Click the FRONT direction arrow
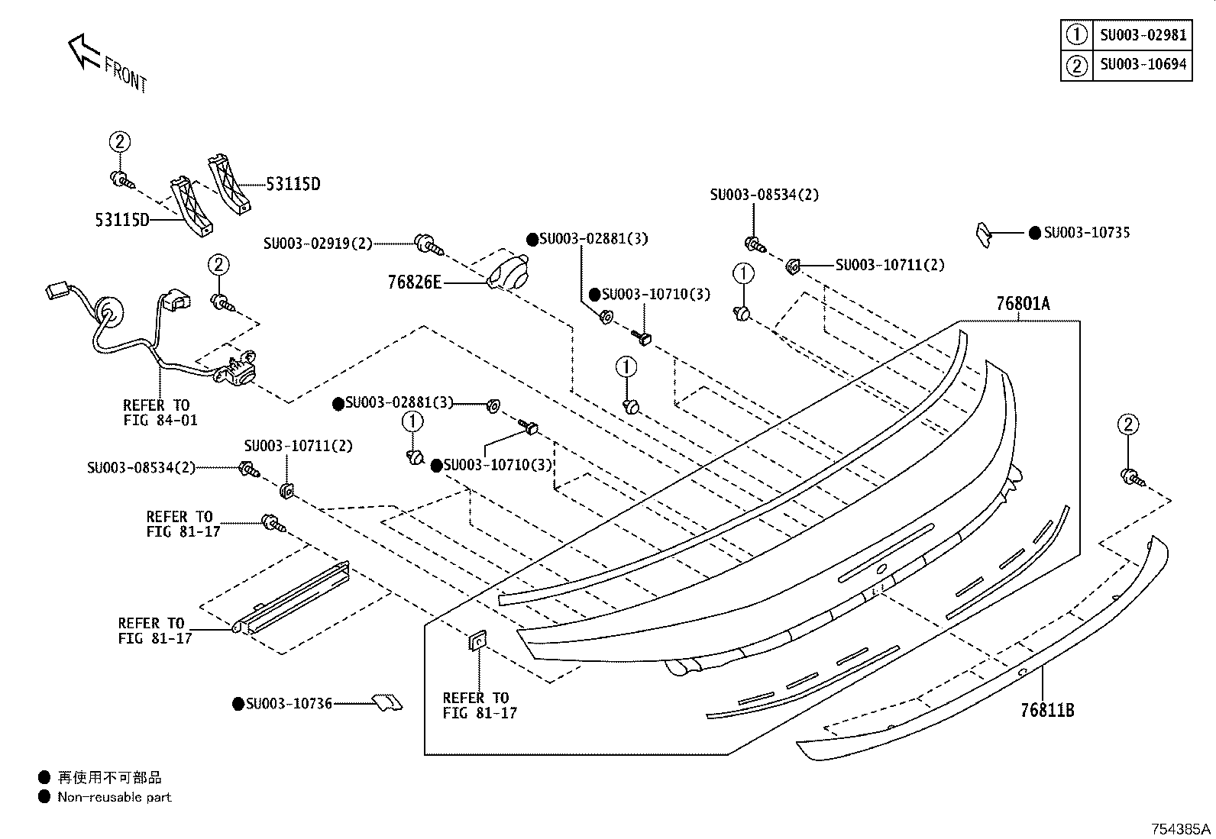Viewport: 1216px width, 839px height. coord(83,51)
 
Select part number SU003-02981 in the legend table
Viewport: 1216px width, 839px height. coord(1143,35)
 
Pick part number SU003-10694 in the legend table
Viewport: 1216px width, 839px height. coord(1143,65)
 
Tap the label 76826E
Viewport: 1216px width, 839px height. coord(414,282)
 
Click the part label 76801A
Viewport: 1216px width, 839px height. coord(1023,303)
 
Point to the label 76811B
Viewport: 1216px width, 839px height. coord(1047,711)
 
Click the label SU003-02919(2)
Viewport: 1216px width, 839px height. coord(318,243)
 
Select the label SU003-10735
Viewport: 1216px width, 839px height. coord(1087,233)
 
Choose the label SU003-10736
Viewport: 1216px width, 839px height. coord(289,704)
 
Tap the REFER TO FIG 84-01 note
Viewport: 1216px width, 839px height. coord(160,413)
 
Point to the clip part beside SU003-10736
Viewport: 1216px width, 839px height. coord(387,702)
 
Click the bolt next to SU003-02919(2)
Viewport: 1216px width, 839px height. coord(429,245)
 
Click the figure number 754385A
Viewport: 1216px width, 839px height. coord(1181,829)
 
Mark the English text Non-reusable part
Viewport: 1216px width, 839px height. coord(115,797)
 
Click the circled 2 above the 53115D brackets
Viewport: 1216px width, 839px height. coord(120,142)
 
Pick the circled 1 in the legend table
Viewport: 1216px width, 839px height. coord(1076,35)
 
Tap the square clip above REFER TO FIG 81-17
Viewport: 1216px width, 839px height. coord(477,641)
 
